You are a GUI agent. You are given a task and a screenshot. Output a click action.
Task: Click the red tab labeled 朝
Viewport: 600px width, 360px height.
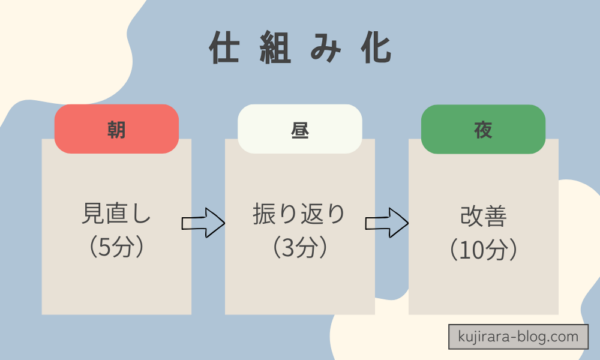116,127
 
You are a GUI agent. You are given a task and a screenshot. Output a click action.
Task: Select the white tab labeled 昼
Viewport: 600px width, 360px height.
299,127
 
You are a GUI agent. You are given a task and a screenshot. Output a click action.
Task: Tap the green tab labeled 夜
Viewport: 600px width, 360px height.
483,127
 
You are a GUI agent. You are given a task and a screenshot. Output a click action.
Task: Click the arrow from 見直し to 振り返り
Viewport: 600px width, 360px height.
203,222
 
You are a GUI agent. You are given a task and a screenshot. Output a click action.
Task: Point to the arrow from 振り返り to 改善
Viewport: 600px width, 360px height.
386,222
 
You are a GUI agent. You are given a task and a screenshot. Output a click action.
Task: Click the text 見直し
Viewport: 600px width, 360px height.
116,213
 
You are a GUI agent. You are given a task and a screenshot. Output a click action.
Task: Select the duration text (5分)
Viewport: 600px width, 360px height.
116,245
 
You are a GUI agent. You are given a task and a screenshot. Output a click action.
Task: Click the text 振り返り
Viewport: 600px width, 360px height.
299,213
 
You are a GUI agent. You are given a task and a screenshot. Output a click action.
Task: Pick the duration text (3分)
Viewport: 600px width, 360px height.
299,245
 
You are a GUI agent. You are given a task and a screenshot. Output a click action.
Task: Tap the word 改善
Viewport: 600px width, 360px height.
483,213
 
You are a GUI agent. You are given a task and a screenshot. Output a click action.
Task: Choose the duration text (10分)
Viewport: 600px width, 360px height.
483,245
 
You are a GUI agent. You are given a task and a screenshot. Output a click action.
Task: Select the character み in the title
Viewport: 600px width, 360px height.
326,49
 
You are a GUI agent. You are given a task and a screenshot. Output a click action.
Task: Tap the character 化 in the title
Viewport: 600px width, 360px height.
376,49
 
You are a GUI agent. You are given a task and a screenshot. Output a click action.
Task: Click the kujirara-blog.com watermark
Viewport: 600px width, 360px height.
511,337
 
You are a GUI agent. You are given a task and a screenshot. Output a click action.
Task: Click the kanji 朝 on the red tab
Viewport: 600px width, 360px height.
116,129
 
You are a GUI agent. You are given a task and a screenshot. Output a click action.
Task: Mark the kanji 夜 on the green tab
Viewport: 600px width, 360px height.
483,129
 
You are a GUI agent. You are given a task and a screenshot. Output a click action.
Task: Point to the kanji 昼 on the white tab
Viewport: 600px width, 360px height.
299,129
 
